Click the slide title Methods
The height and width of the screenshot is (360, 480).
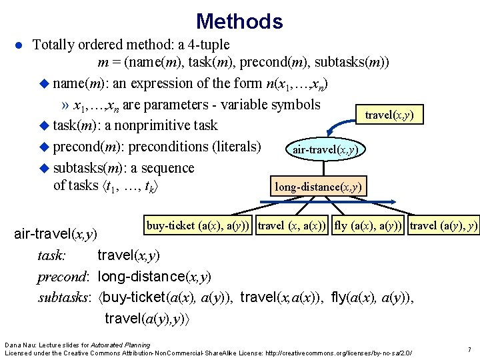coord(239,21)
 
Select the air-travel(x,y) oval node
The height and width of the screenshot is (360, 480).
coord(325,150)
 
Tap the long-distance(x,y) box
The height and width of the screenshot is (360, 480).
coord(319,186)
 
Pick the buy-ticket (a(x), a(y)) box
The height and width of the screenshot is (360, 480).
coord(198,226)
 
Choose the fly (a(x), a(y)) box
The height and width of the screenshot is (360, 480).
coord(368,226)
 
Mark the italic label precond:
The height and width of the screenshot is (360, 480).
coord(65,276)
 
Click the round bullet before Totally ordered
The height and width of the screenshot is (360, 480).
coord(20,45)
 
